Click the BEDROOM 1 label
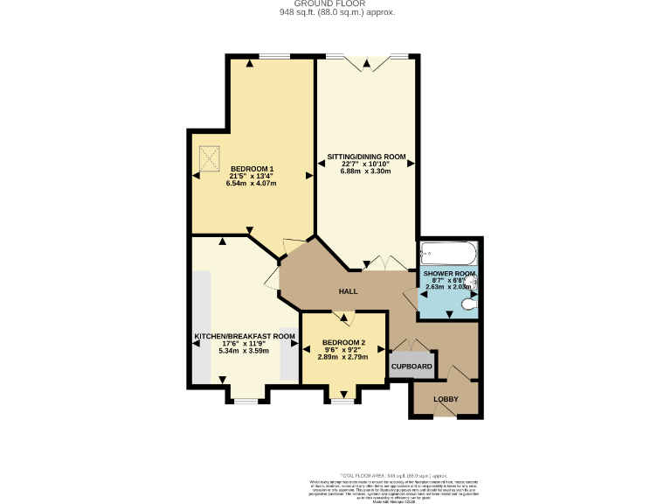tap(252, 168)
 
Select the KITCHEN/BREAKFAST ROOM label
tap(244, 336)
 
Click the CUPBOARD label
tap(411, 366)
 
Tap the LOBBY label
tap(446, 400)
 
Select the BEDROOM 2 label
tap(342, 342)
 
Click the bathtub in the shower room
tap(448, 254)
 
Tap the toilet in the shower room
tap(469, 305)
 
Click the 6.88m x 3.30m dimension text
tap(366, 171)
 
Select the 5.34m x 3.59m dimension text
tap(244, 351)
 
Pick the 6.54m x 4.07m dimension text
tap(252, 184)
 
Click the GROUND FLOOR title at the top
tap(336, 3)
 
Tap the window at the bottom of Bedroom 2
tap(342, 401)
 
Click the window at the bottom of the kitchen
tap(246, 401)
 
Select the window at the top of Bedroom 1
tap(274, 57)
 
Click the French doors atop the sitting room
tap(366, 59)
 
